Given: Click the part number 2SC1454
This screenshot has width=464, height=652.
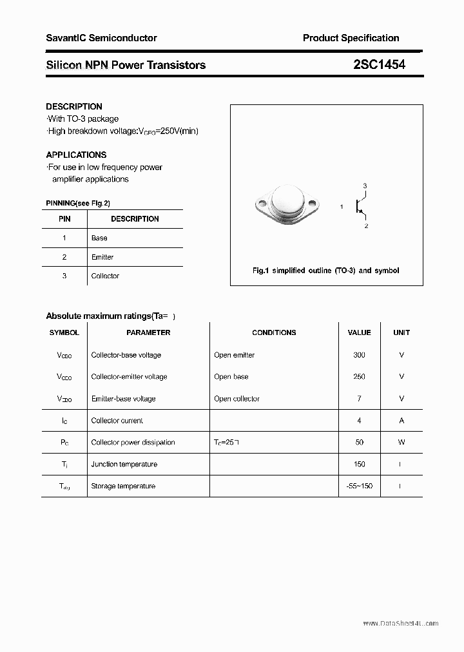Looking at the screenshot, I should tap(379, 64).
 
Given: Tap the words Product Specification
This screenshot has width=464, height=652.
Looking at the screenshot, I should tap(351, 38).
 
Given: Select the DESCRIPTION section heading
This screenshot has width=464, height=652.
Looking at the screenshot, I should tap(74, 106).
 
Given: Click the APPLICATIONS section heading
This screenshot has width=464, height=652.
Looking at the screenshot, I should tap(76, 155).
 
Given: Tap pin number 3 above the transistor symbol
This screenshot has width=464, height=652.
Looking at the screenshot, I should tap(365, 186).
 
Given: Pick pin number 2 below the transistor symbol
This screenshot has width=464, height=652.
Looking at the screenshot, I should tap(366, 226).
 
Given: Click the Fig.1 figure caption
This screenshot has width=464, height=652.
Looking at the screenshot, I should tap(325, 271).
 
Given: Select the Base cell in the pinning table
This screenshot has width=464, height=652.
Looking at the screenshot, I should tap(99, 238).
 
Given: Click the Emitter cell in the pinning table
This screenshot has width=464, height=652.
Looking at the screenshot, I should tap(102, 257).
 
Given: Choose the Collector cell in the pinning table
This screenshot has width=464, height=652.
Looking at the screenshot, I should tap(105, 276).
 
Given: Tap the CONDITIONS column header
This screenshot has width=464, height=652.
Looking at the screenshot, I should tap(274, 332).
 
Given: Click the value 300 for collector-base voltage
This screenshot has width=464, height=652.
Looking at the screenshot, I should tap(359, 355).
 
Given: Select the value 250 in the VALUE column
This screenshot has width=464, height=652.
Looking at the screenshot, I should tap(359, 377).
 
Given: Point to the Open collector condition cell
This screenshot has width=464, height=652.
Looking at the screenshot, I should tap(237, 399).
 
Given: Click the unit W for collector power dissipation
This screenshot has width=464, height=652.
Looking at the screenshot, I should tap(401, 443).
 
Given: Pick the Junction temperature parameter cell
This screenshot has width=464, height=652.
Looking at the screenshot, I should tap(124, 465).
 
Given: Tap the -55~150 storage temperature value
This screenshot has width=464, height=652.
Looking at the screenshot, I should tap(359, 486).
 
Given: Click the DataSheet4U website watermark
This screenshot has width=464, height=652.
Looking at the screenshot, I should tap(400, 624).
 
